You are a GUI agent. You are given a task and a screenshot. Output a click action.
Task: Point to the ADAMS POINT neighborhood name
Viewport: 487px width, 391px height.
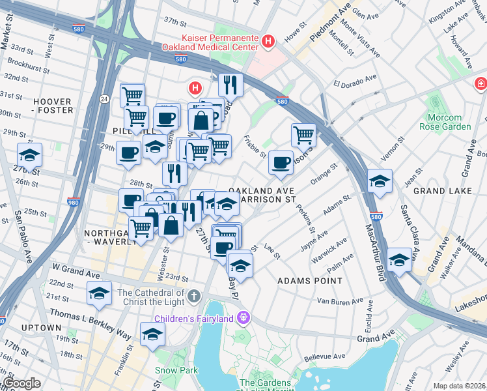point(309,281)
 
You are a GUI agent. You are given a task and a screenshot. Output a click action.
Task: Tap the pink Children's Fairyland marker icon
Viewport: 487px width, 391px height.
point(244,318)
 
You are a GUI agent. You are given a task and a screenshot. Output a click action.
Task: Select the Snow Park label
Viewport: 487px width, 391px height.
point(171,370)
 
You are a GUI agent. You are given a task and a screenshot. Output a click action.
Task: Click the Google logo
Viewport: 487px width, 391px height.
point(21,383)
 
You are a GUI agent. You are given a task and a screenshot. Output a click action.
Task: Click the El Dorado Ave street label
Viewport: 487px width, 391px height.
point(355,84)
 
